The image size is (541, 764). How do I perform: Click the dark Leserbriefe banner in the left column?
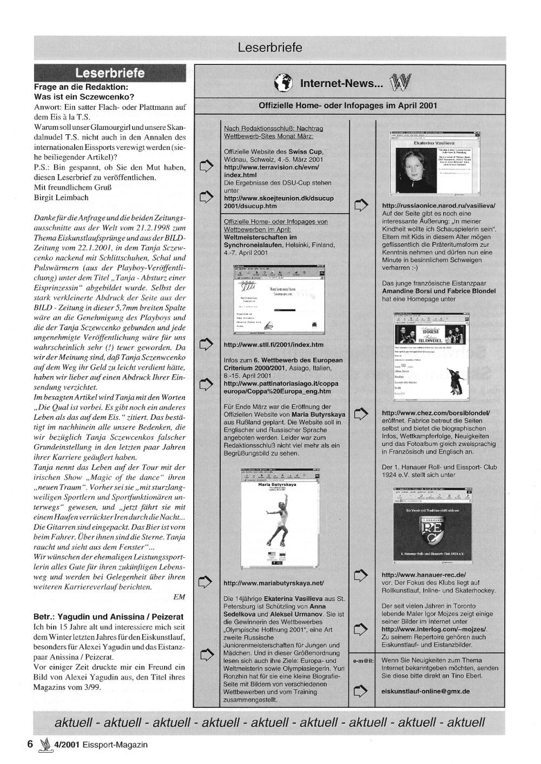[110, 73]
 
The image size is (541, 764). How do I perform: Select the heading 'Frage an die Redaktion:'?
[81, 87]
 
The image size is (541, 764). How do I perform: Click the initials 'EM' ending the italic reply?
[179, 597]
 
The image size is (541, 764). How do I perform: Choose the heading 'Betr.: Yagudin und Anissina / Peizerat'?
[108, 616]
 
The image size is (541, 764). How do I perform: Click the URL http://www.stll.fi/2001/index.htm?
[273, 345]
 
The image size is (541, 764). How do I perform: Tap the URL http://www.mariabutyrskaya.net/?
[274, 583]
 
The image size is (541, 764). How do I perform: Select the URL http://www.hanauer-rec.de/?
[424, 575]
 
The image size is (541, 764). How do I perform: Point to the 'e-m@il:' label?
[363, 661]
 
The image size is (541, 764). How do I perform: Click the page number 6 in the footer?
[30, 744]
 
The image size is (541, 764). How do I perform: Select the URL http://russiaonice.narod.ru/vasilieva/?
[438, 206]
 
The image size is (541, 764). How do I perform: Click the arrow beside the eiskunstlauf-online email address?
[361, 691]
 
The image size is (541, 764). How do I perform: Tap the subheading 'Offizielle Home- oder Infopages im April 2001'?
[348, 106]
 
